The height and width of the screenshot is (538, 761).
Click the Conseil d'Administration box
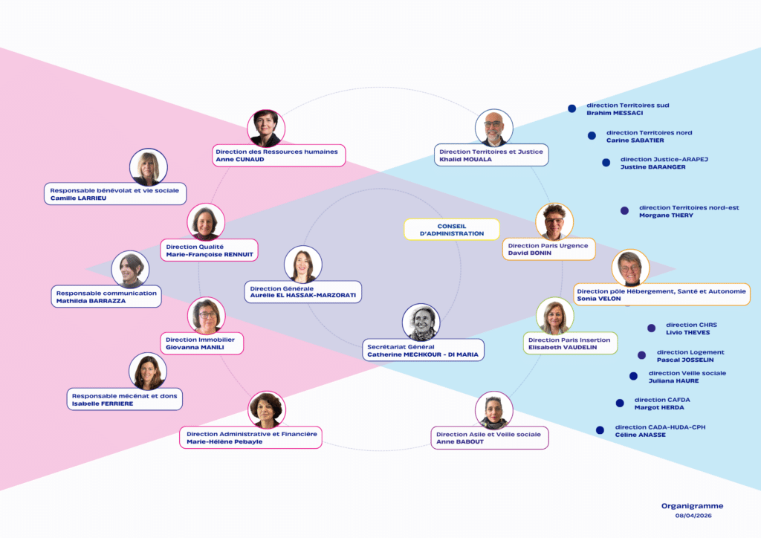(x=452, y=230)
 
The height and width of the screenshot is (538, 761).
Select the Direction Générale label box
(x=303, y=292)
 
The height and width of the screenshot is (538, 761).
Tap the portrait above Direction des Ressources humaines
(x=266, y=128)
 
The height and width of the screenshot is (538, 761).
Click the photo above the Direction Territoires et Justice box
(x=494, y=128)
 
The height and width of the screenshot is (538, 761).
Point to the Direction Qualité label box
(x=209, y=250)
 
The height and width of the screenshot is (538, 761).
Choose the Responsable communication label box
(x=106, y=296)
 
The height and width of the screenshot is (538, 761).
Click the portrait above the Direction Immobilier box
(x=207, y=316)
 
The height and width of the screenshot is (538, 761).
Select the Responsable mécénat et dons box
(x=125, y=399)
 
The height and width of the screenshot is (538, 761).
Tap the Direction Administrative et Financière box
(x=251, y=438)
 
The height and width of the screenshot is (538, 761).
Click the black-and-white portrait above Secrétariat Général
(x=421, y=323)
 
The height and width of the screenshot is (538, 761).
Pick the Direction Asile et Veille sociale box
(x=490, y=438)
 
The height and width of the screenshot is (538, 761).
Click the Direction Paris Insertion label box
(x=570, y=343)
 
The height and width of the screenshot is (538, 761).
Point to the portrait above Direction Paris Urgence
(x=554, y=222)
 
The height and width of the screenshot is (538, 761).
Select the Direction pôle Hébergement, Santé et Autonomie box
(x=662, y=294)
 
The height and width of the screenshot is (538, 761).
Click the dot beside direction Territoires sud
(x=572, y=108)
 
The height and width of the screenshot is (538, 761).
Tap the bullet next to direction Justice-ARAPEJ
(x=606, y=163)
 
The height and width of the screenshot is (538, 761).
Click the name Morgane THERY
(x=666, y=215)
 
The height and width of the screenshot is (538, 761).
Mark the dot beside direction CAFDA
(x=620, y=403)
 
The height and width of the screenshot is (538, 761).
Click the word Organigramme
(x=692, y=506)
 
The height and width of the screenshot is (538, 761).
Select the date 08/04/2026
(x=693, y=516)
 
